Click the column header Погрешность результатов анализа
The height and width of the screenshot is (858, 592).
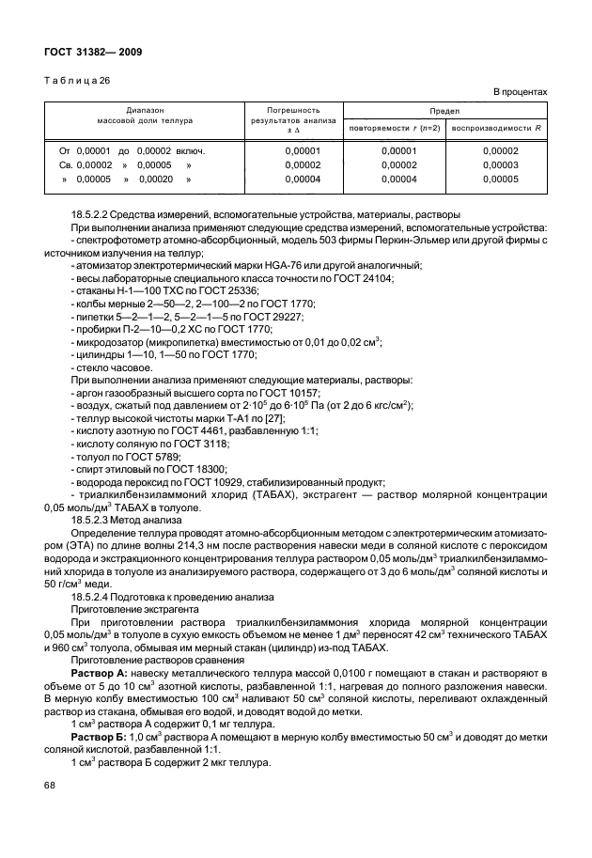coord(288,121)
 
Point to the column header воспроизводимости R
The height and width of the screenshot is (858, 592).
coord(498,128)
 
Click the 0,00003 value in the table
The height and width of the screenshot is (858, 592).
coord(500,164)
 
